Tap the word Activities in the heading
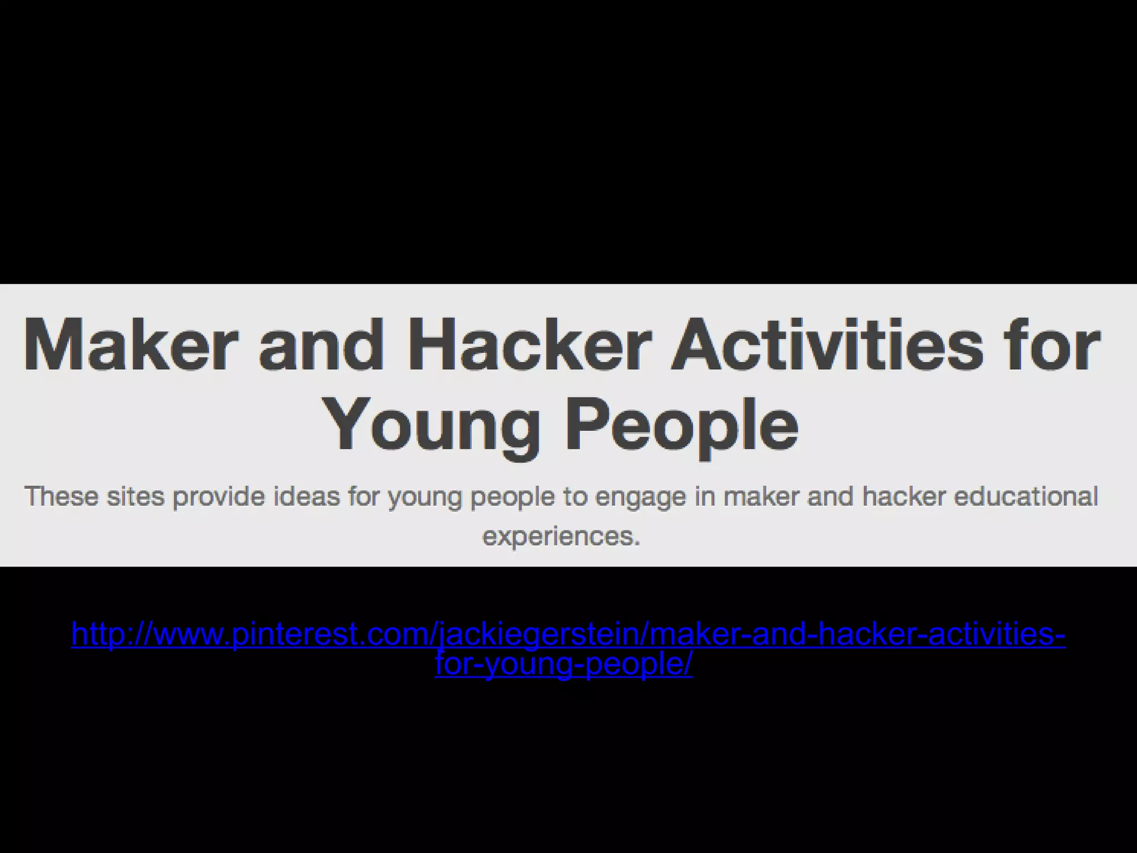827,345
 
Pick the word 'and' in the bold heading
321,345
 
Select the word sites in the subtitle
135,496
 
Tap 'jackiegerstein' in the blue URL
539,634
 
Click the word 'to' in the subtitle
575,496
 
